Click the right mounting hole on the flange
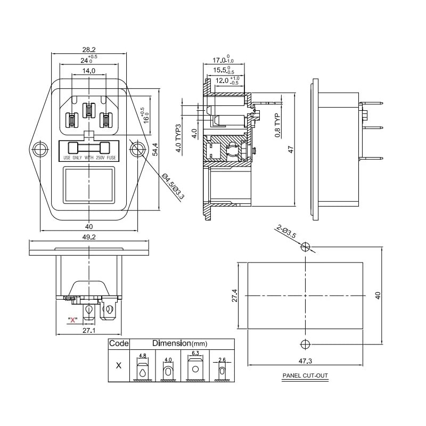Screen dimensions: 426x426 pos(137,149)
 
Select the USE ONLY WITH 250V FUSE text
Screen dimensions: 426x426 pos(89,158)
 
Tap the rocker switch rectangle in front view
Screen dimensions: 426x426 pos(89,185)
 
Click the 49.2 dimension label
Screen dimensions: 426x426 pos(88,237)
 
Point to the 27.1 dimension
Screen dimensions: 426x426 pos(88,331)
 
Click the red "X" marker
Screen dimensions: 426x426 pos(72,320)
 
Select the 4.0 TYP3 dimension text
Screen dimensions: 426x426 pos(179,138)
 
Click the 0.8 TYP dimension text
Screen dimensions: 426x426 pos(277,125)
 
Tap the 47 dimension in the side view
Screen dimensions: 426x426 pos(291,149)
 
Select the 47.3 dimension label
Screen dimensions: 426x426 pos(305,362)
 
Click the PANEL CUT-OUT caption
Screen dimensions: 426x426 pos(305,376)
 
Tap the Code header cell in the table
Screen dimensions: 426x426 pos(119,343)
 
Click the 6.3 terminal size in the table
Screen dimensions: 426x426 pos(195,353)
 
